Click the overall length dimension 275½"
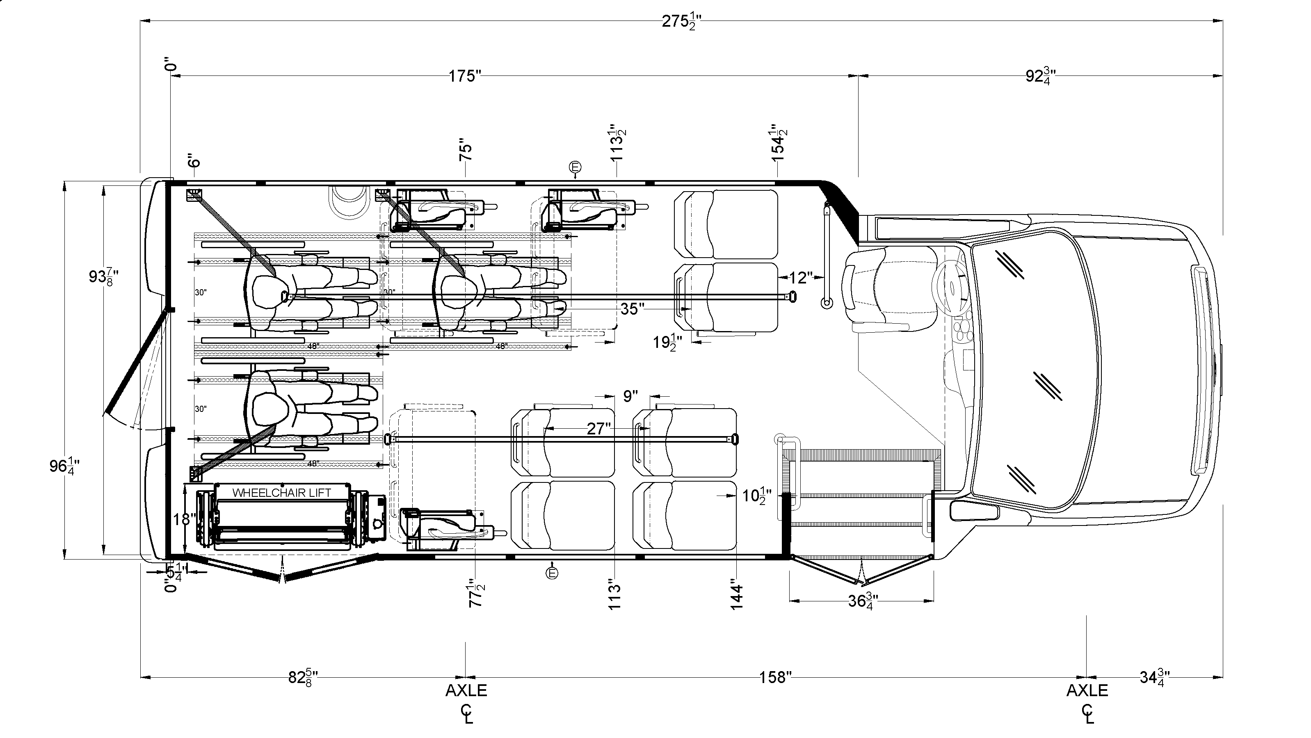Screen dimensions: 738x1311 (x=681, y=22)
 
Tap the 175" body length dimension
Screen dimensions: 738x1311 (x=465, y=76)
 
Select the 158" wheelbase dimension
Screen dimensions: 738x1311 (x=776, y=677)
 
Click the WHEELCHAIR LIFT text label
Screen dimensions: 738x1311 (x=281, y=493)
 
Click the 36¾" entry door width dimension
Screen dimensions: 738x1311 (x=861, y=601)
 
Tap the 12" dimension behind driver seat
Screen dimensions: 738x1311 (x=801, y=277)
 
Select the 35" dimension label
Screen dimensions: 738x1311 (x=632, y=309)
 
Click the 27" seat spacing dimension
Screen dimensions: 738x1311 (x=598, y=429)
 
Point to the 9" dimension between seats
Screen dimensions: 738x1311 (x=630, y=395)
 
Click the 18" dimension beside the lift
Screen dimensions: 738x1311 (x=184, y=520)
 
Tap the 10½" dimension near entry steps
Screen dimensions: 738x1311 (x=757, y=495)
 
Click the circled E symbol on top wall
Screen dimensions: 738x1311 (x=575, y=167)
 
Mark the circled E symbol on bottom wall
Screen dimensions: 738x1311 (x=552, y=573)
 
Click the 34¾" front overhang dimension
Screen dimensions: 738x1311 (x=1154, y=677)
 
